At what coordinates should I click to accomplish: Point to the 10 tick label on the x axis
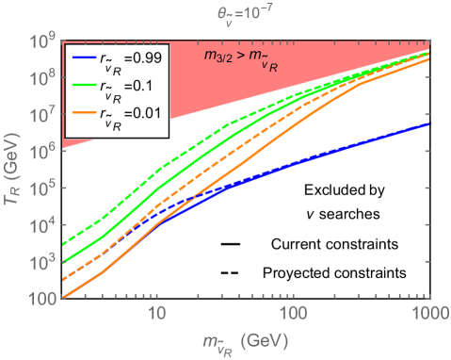pyautogui.click(x=157, y=312)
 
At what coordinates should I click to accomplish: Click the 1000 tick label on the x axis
pyautogui.click(x=428, y=312)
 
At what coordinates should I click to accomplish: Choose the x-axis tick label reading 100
pyautogui.click(x=294, y=312)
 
